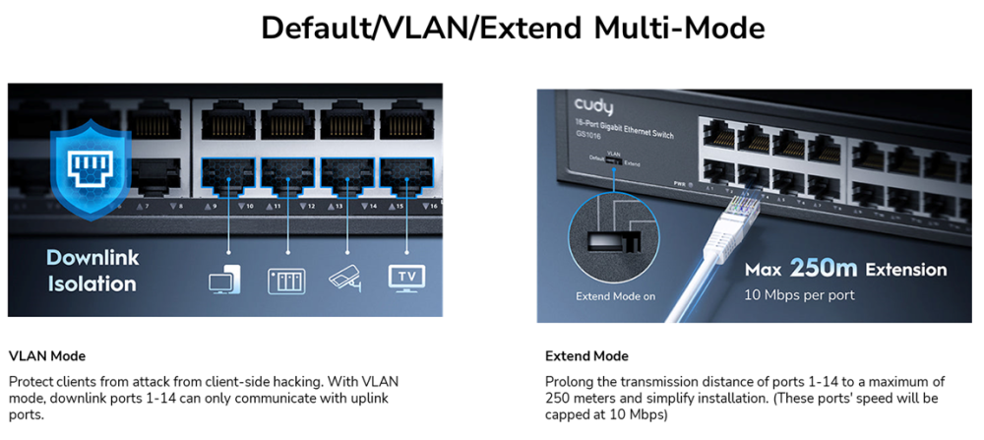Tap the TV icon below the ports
tap(407, 277)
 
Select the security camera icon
tap(346, 278)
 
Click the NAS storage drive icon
tap(286, 280)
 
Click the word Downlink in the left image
tap(92, 258)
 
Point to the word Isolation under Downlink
tap(92, 283)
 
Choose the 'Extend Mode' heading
tap(586, 355)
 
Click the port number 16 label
tap(432, 206)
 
